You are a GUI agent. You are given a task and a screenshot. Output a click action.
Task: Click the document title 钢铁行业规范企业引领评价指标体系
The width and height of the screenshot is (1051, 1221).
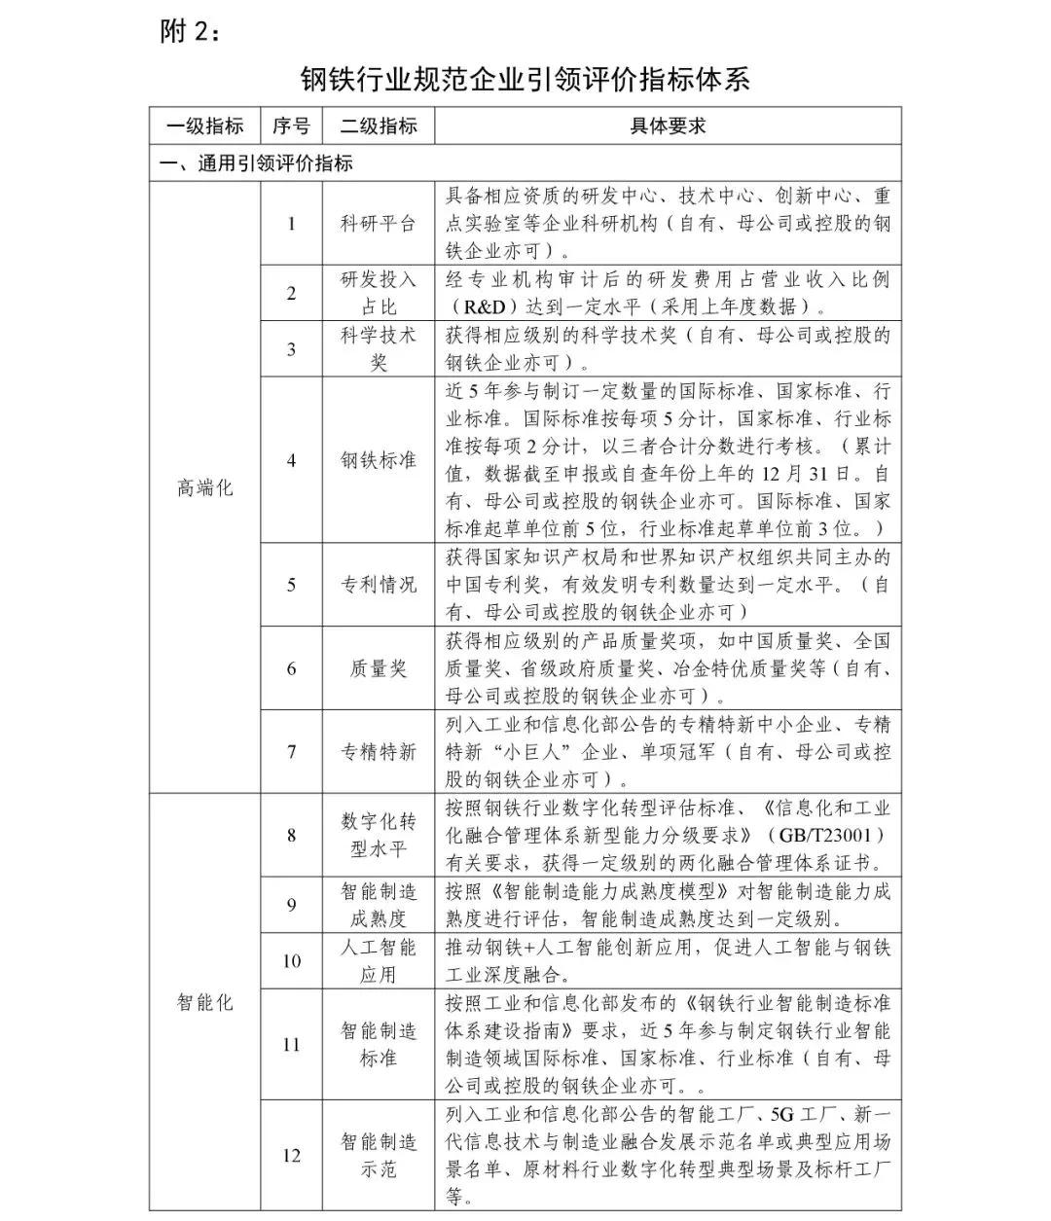point(525,79)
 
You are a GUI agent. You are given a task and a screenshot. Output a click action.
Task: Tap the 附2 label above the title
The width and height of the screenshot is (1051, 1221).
point(191,32)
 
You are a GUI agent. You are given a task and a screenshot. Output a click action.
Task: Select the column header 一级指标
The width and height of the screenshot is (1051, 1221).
point(204,126)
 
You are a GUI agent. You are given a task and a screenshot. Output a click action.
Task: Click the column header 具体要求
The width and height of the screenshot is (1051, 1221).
point(668,126)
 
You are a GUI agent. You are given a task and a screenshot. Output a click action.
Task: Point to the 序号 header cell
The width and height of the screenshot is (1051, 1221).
point(291,126)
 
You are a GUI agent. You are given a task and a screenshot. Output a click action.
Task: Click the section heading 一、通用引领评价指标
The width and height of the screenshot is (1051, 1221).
point(256,163)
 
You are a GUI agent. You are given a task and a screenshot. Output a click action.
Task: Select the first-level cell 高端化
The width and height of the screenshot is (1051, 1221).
point(204,487)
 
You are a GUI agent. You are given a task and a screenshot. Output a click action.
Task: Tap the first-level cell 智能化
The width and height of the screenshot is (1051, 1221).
point(204,1001)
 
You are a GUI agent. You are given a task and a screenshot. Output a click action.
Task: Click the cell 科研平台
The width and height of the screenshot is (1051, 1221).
point(378,223)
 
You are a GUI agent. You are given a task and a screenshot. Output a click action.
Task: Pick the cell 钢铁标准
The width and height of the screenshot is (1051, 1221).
point(378,460)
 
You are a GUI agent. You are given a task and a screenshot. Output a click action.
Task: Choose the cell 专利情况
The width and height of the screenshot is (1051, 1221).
point(378,585)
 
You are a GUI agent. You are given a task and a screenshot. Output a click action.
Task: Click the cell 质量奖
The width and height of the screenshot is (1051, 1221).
point(378,668)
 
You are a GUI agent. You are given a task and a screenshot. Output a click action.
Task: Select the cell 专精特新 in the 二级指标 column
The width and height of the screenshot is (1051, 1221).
point(378,752)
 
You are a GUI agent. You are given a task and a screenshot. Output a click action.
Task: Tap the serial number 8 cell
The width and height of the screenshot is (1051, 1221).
point(291,835)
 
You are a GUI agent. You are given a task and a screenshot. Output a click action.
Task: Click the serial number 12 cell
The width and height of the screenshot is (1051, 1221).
point(291,1156)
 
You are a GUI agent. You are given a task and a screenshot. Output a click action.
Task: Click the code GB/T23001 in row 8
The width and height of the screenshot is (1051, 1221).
point(826,835)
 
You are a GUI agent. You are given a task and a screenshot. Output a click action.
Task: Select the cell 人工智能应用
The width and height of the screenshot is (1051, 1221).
point(378,960)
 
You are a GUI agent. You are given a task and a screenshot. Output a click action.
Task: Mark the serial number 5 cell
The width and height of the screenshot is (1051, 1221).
point(291,585)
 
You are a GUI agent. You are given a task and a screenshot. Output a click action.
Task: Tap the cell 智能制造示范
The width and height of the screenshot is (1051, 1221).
point(378,1156)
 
